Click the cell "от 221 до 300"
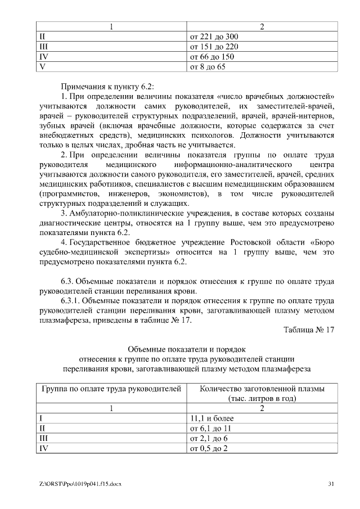[x=215, y=37]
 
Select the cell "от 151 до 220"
[x=215, y=47]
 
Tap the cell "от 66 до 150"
[x=213, y=57]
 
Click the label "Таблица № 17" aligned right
[x=309, y=330]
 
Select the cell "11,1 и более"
[x=212, y=418]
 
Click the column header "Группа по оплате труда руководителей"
[x=111, y=389]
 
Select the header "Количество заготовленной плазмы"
[x=262, y=389]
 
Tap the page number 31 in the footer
[x=331, y=484]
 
